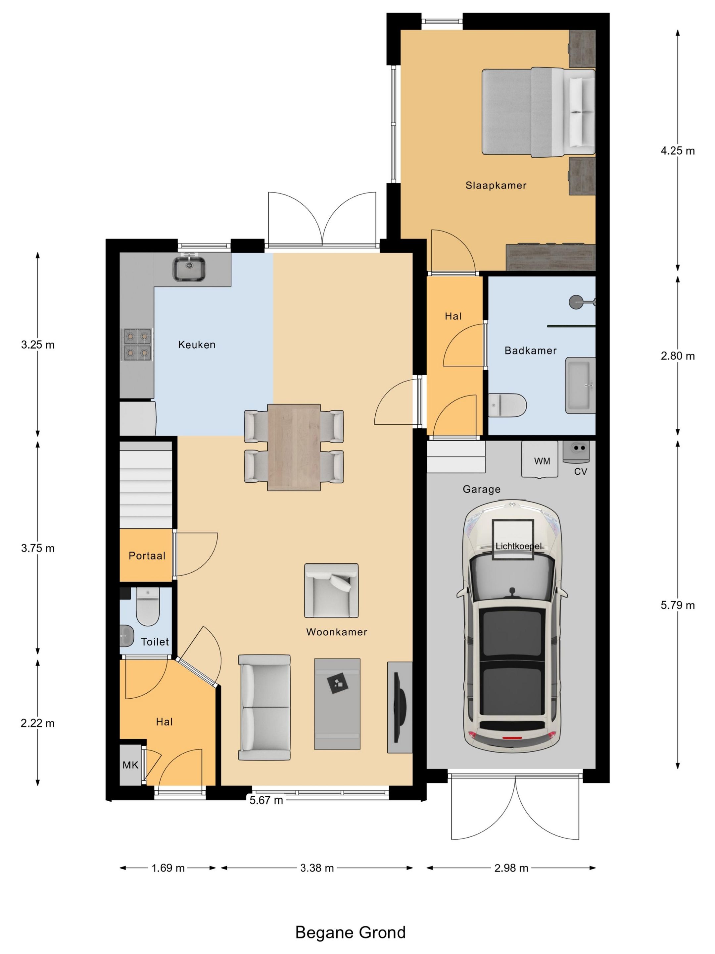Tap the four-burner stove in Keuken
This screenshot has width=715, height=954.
click(x=137, y=344)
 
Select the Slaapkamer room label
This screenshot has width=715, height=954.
click(x=496, y=185)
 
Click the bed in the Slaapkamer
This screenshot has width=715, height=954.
click(x=538, y=112)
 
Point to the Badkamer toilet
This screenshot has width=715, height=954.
click(x=507, y=405)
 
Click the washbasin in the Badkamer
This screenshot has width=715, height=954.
click(x=580, y=385)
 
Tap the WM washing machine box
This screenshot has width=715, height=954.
click(x=540, y=459)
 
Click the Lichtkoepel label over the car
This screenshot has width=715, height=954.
click(x=518, y=546)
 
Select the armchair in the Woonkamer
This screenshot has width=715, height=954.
click(x=331, y=590)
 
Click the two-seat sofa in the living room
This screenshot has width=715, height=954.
click(x=264, y=707)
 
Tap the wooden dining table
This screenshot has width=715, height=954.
click(x=294, y=447)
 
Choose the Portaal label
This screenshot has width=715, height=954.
click(x=147, y=556)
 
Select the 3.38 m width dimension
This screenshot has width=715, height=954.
click(x=317, y=868)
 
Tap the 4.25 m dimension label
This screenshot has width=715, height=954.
click(x=678, y=150)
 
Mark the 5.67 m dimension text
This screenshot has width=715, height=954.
click(x=266, y=800)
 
